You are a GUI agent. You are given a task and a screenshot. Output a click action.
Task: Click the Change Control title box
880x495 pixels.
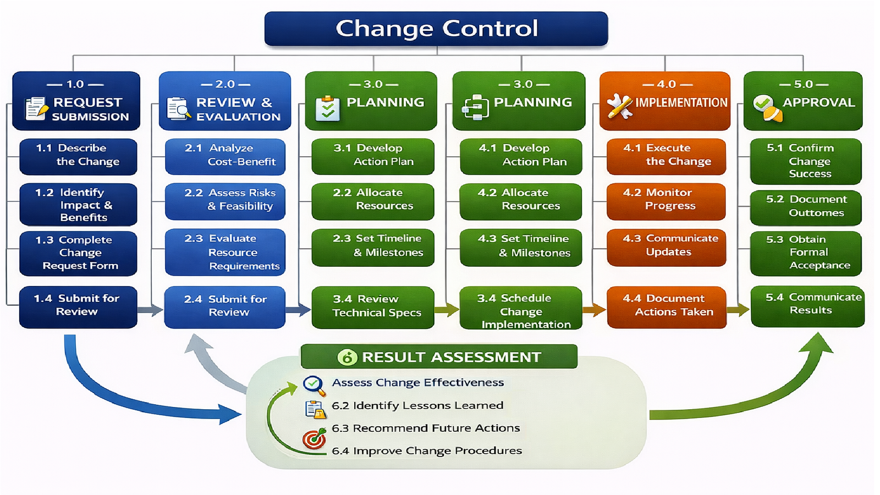(436, 29)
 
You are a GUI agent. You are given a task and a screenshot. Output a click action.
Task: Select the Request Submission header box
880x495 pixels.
(76, 101)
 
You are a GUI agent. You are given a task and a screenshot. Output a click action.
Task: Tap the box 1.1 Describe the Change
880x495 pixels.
(78, 156)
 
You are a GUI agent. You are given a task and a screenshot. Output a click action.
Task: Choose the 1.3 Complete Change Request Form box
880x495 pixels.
(78, 253)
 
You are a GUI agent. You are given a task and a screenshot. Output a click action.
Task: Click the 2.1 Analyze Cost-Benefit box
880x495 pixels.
(225, 156)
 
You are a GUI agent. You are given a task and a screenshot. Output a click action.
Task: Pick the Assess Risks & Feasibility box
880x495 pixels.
(225, 201)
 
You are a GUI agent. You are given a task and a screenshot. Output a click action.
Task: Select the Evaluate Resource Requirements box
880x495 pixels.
(225, 252)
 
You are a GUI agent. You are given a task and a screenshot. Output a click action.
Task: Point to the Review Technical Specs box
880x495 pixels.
(373, 307)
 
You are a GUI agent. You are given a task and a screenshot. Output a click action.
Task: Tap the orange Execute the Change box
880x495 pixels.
(666, 156)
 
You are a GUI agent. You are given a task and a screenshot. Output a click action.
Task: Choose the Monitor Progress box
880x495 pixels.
(666, 201)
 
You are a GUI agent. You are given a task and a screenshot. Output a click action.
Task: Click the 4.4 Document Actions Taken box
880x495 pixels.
(667, 306)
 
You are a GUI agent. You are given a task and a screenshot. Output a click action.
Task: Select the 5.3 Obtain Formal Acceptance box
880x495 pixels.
(806, 253)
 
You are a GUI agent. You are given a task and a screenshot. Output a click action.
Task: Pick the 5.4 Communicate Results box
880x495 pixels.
(807, 306)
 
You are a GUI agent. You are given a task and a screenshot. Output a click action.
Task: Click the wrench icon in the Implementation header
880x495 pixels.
(620, 106)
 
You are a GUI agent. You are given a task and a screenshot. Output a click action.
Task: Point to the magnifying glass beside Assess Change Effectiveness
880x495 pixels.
(313, 384)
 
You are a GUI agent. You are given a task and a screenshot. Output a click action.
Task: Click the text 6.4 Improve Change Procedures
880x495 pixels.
(427, 451)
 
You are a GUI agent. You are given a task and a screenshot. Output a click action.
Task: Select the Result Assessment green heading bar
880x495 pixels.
(439, 357)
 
